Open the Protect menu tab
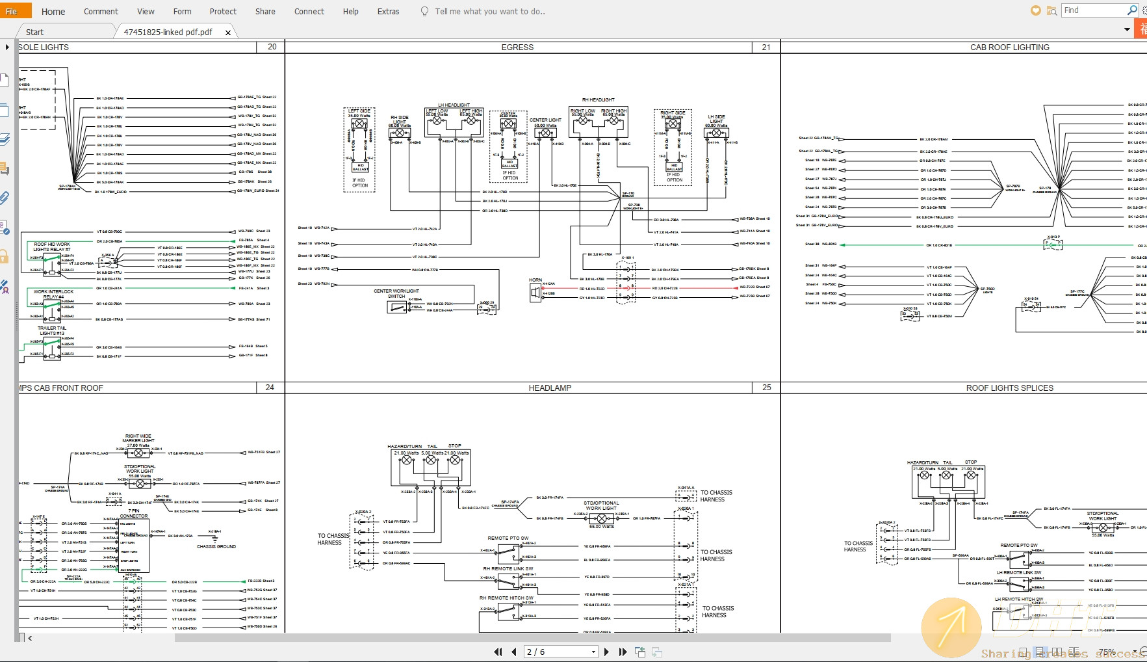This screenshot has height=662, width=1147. point(223,11)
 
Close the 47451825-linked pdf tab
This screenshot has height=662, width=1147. point(228,33)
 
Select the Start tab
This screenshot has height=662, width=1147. point(34,32)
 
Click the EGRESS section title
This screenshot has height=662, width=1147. point(517,47)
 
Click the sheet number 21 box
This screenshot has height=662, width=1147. point(766,47)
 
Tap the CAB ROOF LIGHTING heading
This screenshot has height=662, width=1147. point(1009,47)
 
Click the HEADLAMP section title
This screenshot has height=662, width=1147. point(550,388)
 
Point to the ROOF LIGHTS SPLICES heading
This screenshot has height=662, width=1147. point(1009,388)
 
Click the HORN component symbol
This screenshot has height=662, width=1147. point(535,293)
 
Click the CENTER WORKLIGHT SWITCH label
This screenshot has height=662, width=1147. point(396,293)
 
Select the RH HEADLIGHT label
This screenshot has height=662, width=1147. point(598,99)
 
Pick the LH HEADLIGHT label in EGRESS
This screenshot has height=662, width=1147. point(454,105)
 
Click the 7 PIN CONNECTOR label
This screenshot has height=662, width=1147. point(134,513)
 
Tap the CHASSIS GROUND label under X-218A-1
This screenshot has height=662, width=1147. point(216,546)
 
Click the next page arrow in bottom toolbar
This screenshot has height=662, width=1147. point(606,652)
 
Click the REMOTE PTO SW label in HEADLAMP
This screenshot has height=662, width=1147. point(508,538)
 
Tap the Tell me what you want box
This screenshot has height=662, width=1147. point(489,11)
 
